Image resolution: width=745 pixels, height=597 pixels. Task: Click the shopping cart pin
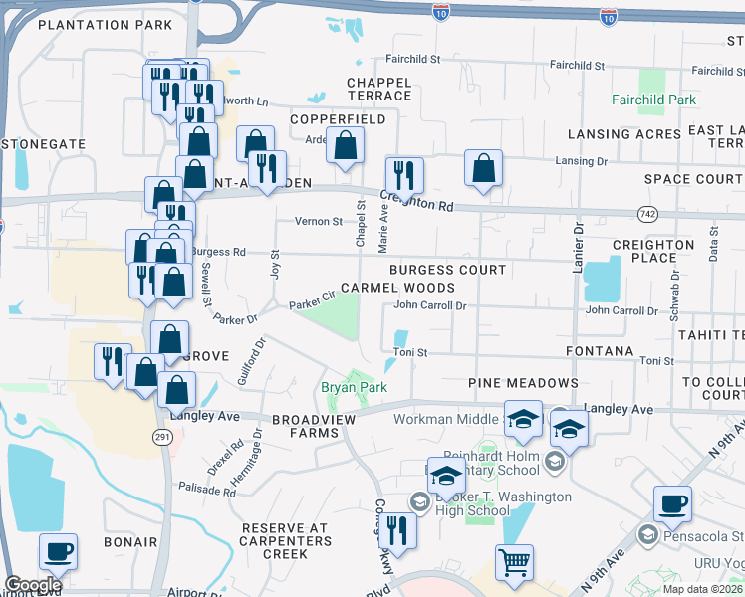[514, 562]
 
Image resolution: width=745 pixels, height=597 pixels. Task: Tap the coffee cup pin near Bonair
[58, 551]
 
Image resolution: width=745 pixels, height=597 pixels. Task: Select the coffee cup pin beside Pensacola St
[672, 504]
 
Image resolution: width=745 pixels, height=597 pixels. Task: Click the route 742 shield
[646, 214]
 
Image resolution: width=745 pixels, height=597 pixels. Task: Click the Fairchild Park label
[654, 100]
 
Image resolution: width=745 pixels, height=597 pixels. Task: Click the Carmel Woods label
[397, 288]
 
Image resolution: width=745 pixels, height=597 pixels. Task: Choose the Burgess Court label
[447, 270]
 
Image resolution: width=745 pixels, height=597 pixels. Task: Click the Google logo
[32, 585]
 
